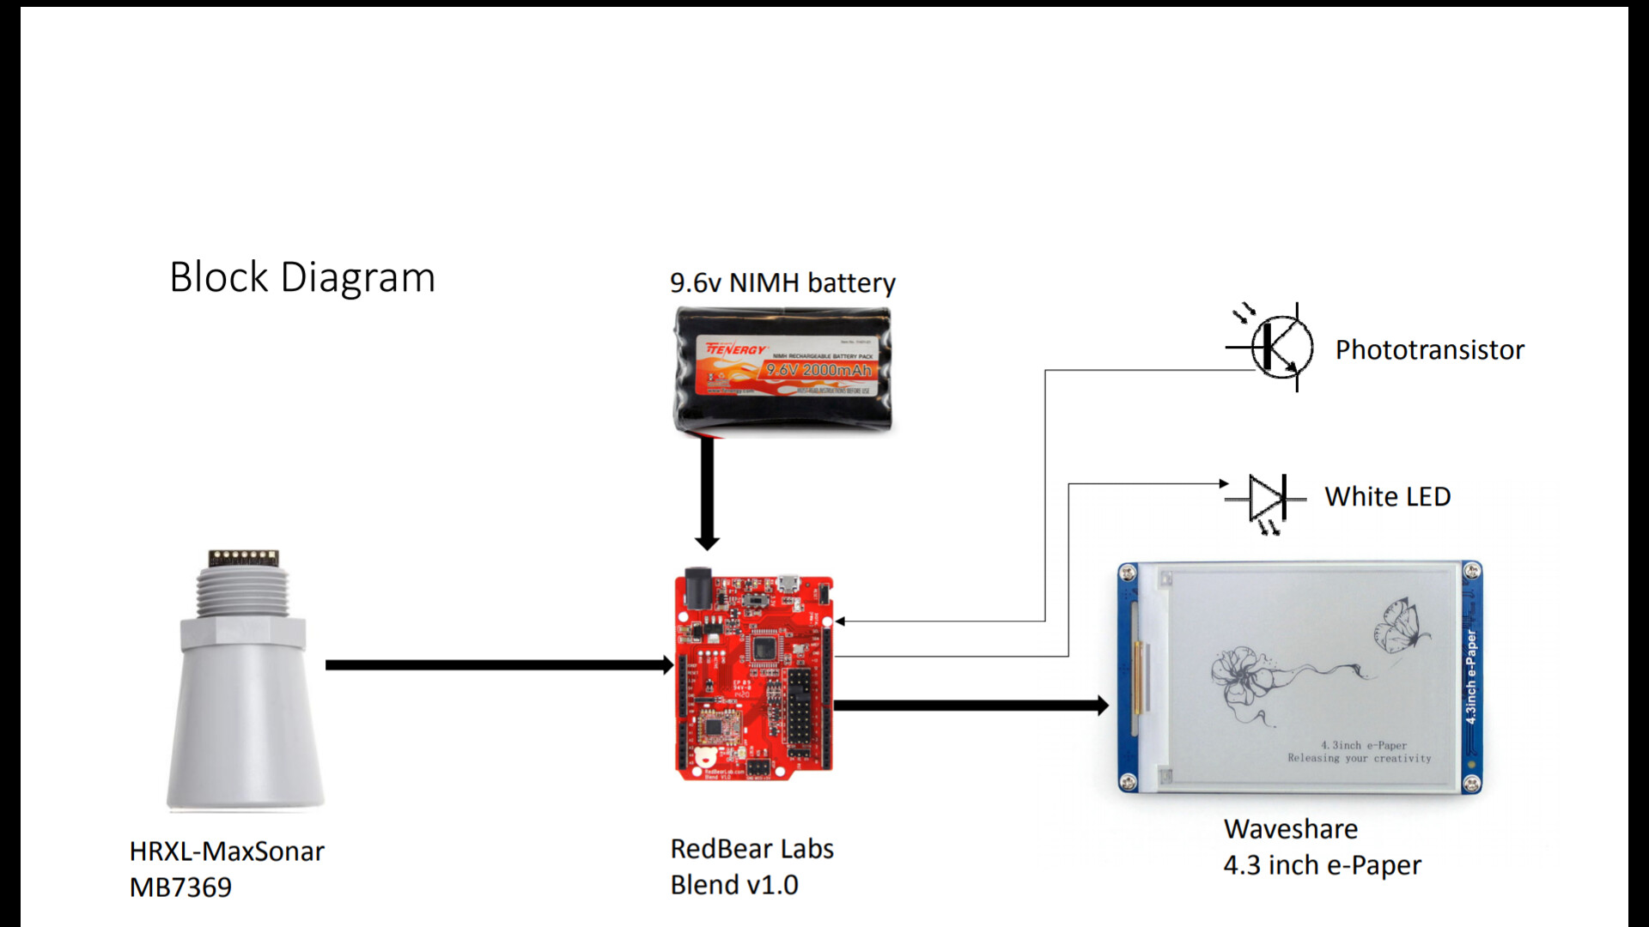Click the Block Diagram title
pos(302,277)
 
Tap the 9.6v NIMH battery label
pos(782,282)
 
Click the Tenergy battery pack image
pos(782,370)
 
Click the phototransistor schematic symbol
pos(1279,347)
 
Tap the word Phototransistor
pos(1429,349)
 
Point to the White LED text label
pos(1387,496)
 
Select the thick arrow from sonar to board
pos(498,664)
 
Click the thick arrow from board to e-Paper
pos(971,706)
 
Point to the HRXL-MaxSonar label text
pos(227,851)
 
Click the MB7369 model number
pos(180,887)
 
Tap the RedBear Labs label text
pos(751,848)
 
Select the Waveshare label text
pos(1290,828)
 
